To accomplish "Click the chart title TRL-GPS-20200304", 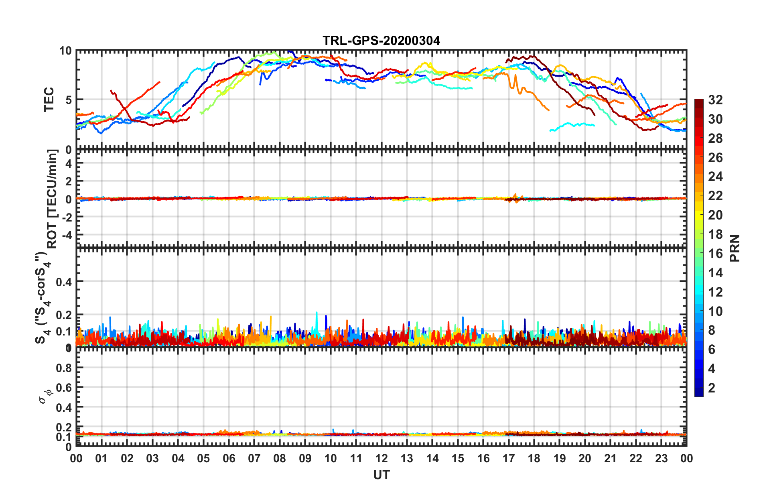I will (381, 41).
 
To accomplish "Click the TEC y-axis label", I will (49, 100).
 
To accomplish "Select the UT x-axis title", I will (381, 475).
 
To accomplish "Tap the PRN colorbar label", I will (735, 248).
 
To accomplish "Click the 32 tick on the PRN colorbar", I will (715, 100).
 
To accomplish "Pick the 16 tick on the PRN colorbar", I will (715, 254).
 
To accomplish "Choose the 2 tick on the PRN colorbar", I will (712, 388).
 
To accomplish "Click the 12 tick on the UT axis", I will (381, 458).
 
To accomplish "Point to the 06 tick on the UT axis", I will (229, 458).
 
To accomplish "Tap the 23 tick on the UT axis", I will (661, 458).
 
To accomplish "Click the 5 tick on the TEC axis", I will (69, 100).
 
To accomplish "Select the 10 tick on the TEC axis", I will (65, 51).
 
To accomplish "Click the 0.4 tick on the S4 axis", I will (64, 282).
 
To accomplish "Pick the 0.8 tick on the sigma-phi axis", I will (64, 368).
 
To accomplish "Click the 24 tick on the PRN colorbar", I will (715, 177).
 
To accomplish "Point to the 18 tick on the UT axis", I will (534, 458).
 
